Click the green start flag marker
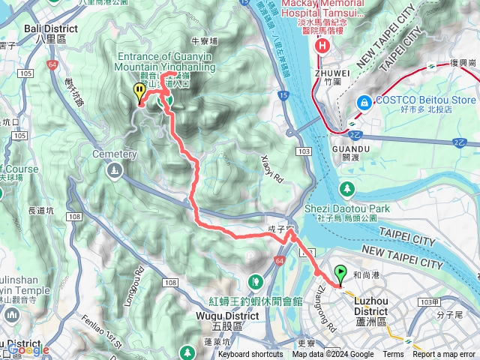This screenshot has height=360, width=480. pyautogui.click(x=341, y=274)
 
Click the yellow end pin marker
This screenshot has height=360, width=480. pyautogui.click(x=139, y=93)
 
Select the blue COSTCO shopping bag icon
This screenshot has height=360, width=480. pyautogui.click(x=364, y=100)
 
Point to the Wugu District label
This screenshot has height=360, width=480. pyautogui.click(x=237, y=316)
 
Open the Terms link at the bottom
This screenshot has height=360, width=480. pyautogui.click(x=393, y=355)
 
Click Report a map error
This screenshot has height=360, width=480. pyautogui.click(x=443, y=355)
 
